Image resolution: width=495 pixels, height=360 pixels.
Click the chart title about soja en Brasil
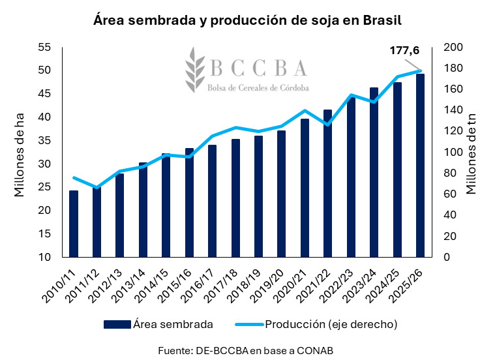point(247,20)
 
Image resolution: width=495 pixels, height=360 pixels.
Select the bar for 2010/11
point(74,224)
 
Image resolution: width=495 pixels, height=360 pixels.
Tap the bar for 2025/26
point(421,166)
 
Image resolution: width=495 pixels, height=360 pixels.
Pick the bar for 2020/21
point(305,188)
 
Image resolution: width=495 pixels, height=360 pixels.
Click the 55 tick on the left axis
point(44,47)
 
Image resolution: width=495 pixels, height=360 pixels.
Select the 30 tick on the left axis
point(44,164)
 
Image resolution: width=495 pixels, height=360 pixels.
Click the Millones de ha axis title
point(20,154)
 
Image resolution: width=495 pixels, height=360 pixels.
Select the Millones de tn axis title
point(473,154)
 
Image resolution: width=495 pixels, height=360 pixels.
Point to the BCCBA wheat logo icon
point(194,68)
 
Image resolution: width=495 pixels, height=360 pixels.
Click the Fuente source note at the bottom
point(246,350)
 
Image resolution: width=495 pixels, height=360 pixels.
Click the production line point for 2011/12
point(97,188)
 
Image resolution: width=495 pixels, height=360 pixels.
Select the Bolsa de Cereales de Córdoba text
point(258,87)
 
